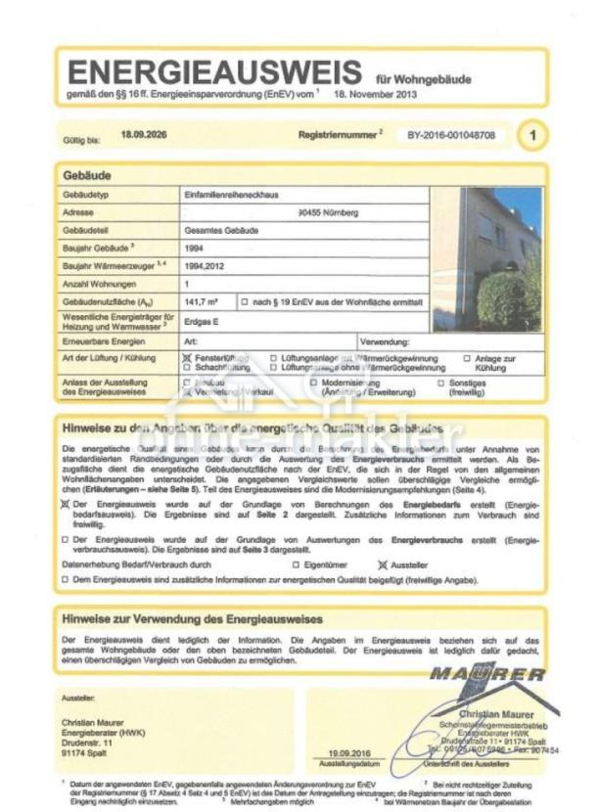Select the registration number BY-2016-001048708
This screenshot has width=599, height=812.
458,136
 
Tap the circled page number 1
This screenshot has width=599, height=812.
532,136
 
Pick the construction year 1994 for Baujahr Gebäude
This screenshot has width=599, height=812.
193,248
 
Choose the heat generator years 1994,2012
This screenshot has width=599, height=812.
203,265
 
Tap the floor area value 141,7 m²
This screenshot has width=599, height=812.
203,301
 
